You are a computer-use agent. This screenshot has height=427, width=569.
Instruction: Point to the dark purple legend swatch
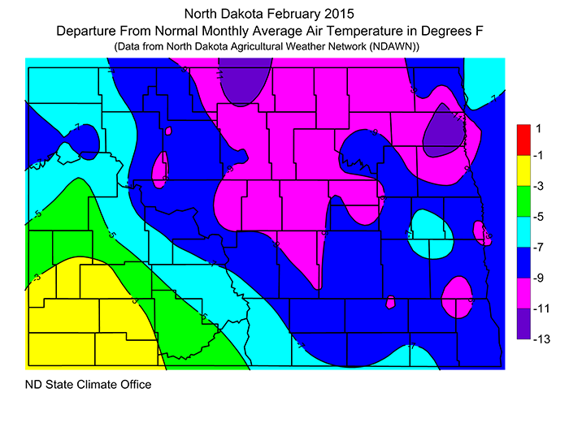(524, 324)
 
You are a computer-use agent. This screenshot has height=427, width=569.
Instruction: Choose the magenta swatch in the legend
(524, 293)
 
